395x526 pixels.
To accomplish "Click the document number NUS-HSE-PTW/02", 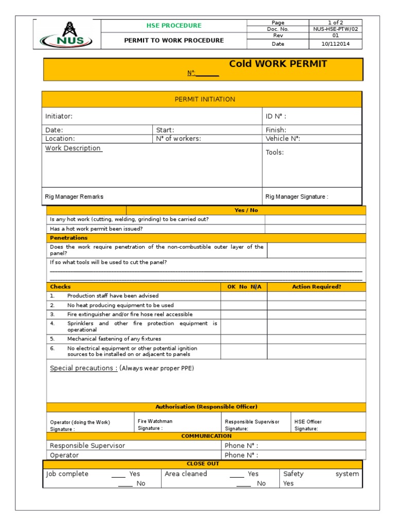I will [335, 29].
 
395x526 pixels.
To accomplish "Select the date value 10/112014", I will [335, 44].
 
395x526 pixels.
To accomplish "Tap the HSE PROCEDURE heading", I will [174, 26].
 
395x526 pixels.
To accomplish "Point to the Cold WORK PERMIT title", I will [278, 64].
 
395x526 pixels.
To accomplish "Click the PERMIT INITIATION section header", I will [205, 99].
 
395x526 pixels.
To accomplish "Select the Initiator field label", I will [59, 117].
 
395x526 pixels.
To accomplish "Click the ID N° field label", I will [276, 117].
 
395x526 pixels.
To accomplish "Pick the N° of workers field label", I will [178, 139].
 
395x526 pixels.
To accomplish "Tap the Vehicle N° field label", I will [282, 139].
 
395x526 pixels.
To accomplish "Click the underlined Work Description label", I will [73, 148].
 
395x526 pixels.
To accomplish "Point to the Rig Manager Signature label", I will [297, 197].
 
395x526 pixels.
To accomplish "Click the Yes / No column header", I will [246, 211].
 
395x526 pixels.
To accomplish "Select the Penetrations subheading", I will [68, 238].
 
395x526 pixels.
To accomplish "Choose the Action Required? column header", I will [316, 287].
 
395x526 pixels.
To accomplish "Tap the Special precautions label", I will [83, 368].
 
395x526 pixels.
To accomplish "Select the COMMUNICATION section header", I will [206, 436].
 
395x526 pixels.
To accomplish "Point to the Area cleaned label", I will [186, 474].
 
